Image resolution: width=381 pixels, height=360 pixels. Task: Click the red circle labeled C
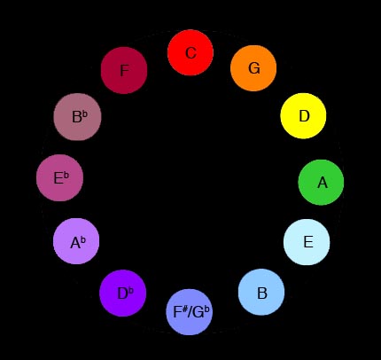pos(190,52)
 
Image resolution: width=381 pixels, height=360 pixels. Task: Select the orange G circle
pos(253,68)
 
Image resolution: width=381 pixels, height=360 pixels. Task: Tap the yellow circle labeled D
pos(303,116)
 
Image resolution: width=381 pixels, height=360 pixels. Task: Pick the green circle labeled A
pos(321,182)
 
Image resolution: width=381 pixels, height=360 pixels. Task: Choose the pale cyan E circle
pos(307,242)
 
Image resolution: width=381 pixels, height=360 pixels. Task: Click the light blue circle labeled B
pos(261,293)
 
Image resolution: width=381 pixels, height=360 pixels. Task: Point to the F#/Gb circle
pos(190,312)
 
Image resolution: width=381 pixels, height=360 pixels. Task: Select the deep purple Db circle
pos(123,293)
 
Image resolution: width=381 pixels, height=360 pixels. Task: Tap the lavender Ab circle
pos(76,241)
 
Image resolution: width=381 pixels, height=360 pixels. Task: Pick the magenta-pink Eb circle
pos(59,178)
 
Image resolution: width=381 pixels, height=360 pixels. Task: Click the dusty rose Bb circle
pos(77,117)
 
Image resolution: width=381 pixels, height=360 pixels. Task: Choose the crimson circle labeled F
pos(124,70)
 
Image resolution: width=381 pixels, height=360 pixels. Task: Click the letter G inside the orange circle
pos(254,68)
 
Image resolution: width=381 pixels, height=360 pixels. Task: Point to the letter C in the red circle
pos(190,53)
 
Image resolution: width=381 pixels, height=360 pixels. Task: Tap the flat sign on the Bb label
pos(85,114)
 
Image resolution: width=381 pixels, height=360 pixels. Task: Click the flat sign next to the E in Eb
pos(66,176)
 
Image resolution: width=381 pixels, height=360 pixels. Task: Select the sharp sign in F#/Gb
pos(185,309)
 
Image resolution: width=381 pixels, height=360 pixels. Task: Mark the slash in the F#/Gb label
pos(190,312)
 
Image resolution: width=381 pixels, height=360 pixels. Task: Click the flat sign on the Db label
pos(131,291)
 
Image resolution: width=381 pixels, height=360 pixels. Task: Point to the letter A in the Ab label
pos(75,243)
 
